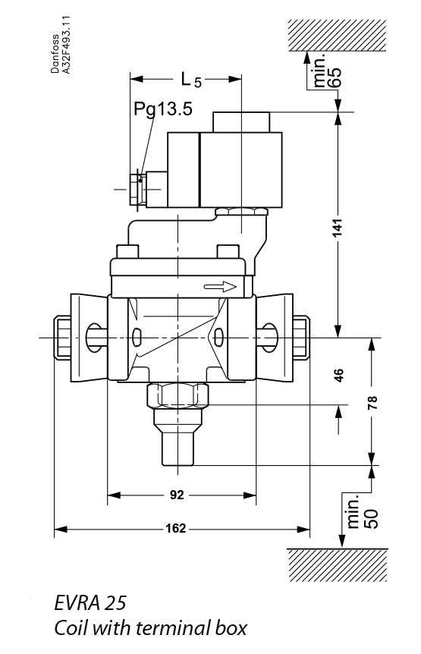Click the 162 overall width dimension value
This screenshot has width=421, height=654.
tap(176, 528)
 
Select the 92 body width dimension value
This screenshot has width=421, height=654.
tap(176, 495)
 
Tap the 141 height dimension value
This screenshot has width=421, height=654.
tap(339, 227)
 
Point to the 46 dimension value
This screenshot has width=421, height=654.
tap(339, 375)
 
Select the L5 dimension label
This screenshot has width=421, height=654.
tap(190, 79)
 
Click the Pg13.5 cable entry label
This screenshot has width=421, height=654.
tap(163, 109)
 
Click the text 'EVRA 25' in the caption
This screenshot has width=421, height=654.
tap(90, 604)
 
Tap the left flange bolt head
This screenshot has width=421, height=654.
tap(61, 338)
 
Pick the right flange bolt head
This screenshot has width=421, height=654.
tap(300, 338)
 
